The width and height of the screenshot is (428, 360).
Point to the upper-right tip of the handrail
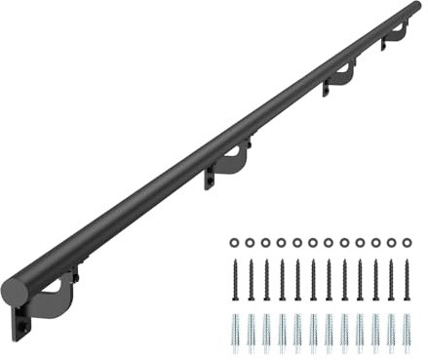coord(416,8)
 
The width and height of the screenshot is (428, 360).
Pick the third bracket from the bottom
coord(339,79)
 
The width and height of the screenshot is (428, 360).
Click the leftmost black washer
coord(234,241)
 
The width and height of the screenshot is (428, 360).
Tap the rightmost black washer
coord(406,241)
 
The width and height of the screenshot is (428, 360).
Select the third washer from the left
coord(265,241)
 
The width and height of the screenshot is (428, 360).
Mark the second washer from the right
coord(390,241)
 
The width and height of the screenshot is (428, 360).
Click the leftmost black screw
coord(234,280)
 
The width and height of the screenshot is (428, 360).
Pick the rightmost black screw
coord(406,280)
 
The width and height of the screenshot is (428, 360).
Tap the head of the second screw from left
coord(250,261)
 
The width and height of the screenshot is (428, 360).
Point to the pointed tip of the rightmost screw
coord(406,301)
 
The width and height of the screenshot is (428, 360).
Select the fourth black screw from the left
coord(281,280)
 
